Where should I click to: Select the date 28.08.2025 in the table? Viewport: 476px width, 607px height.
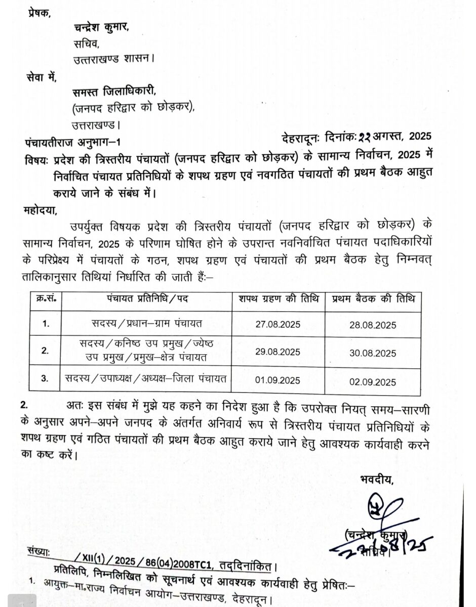(373, 325)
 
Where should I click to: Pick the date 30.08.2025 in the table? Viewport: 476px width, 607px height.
(373, 353)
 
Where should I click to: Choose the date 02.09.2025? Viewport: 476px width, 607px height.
(373, 382)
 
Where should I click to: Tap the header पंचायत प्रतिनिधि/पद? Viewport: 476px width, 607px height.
(147, 298)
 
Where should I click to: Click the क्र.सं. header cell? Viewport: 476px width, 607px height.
(46, 298)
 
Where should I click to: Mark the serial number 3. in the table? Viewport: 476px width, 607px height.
(46, 378)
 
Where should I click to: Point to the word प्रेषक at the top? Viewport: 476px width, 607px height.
(39, 13)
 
